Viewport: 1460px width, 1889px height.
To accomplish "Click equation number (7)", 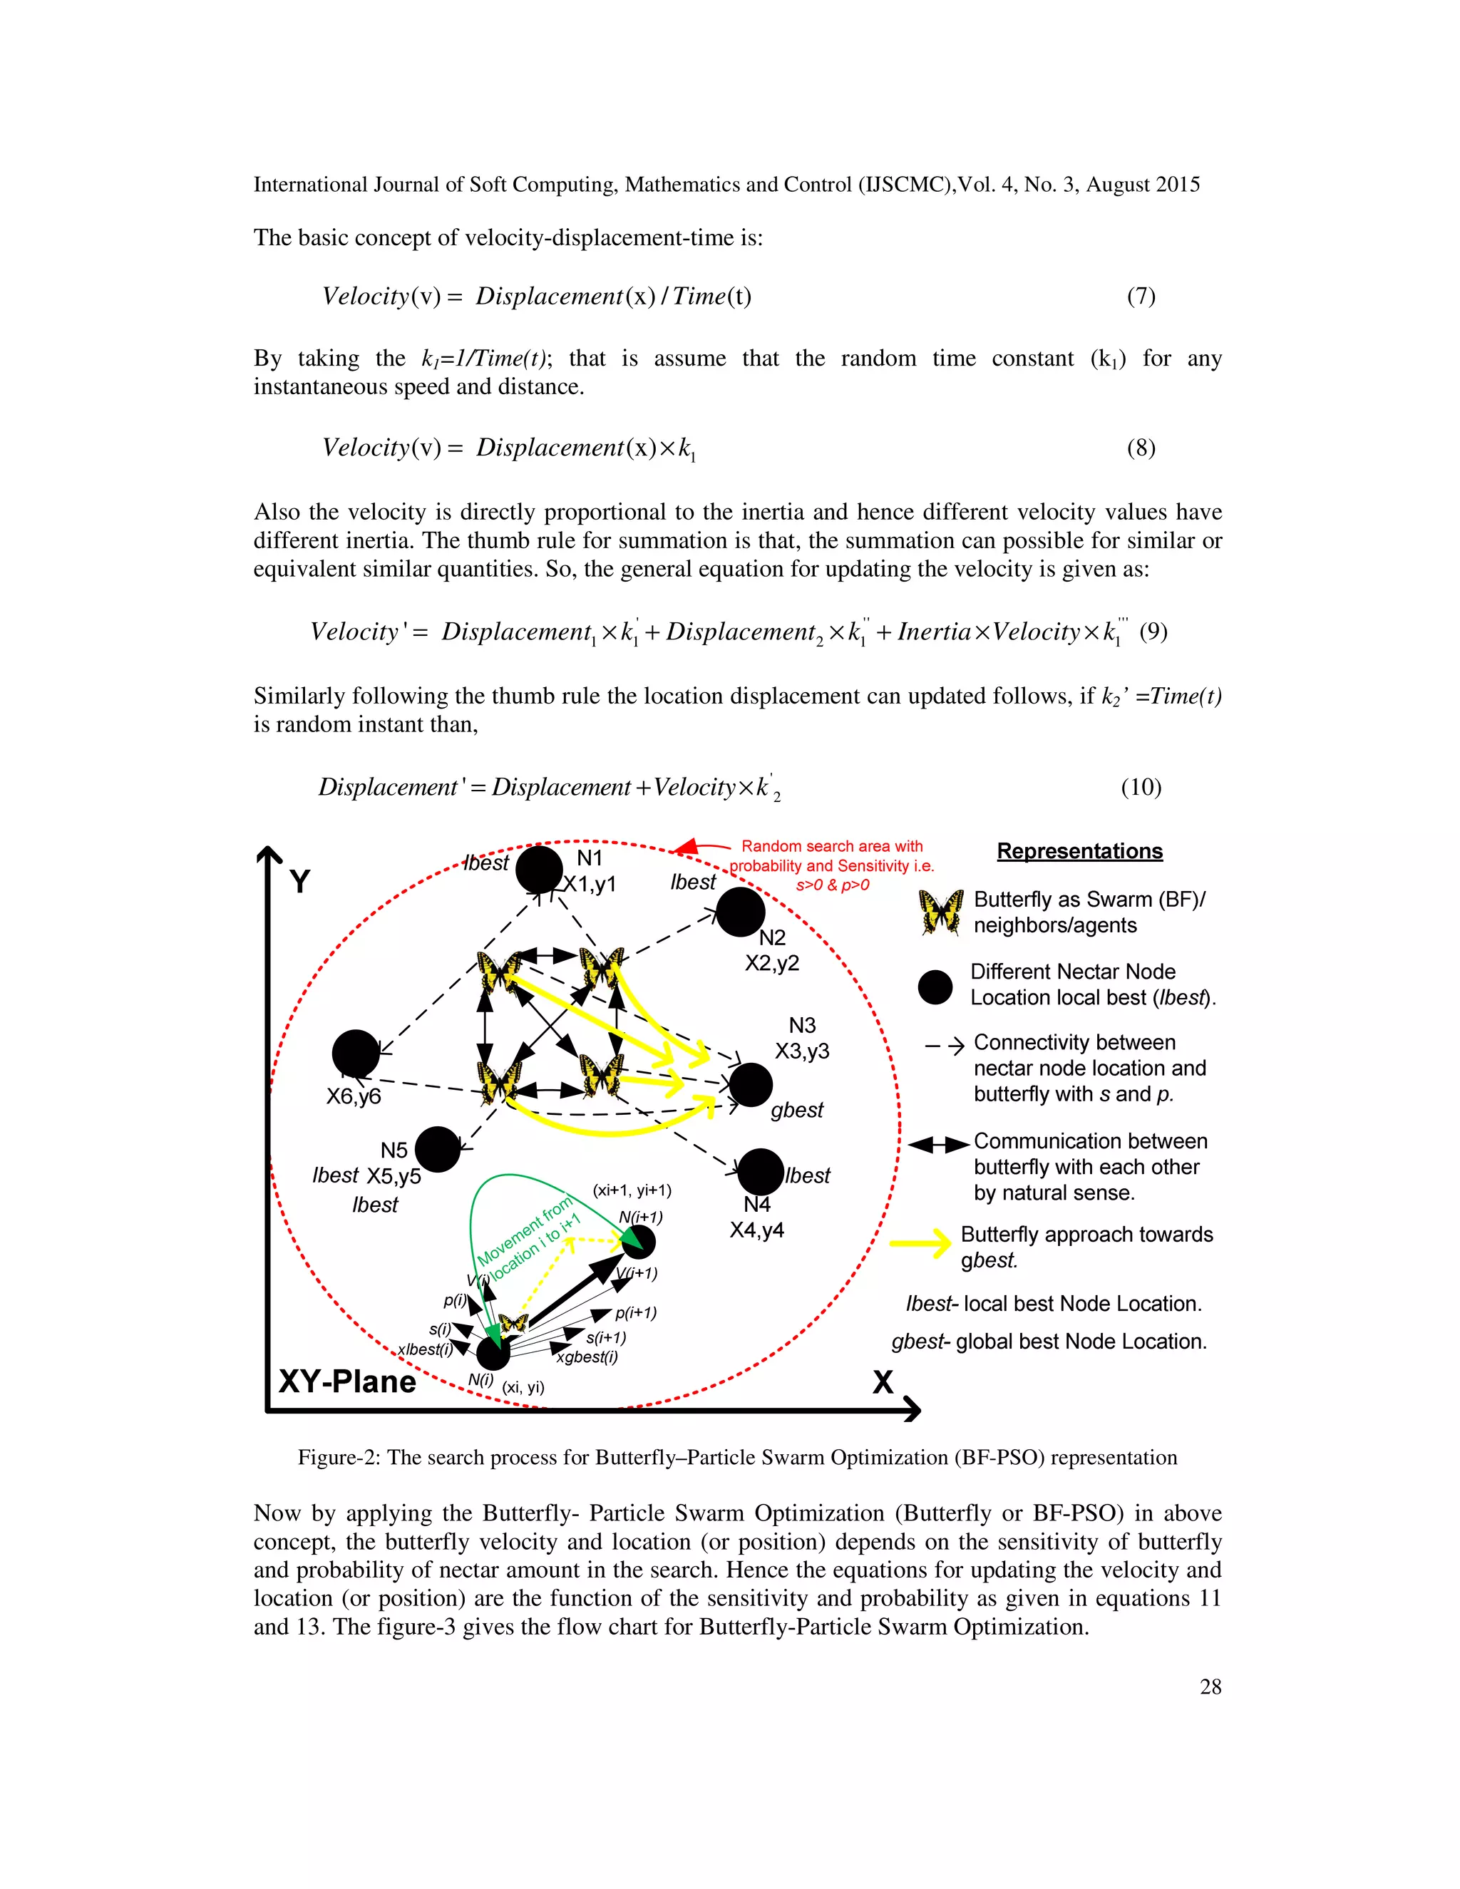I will point(1141,297).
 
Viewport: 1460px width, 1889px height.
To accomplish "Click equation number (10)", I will point(1141,787).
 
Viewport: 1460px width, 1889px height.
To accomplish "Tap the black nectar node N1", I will point(539,869).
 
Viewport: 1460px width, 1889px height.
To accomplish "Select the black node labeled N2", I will point(741,912).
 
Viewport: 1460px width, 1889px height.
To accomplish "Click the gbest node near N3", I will point(750,1085).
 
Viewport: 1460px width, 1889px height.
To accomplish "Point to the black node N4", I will point(760,1171).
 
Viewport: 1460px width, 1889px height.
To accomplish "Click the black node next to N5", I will point(438,1150).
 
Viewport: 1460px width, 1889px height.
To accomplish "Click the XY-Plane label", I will point(347,1381).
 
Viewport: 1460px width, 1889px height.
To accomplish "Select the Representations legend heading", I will point(1079,851).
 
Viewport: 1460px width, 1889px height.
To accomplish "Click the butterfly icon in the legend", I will point(941,912).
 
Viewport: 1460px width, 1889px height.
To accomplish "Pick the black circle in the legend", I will point(935,986).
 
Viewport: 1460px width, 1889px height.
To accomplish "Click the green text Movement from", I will point(525,1229).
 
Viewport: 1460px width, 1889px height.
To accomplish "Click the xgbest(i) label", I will point(587,1357).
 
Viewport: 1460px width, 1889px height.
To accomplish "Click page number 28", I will point(1210,1687).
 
